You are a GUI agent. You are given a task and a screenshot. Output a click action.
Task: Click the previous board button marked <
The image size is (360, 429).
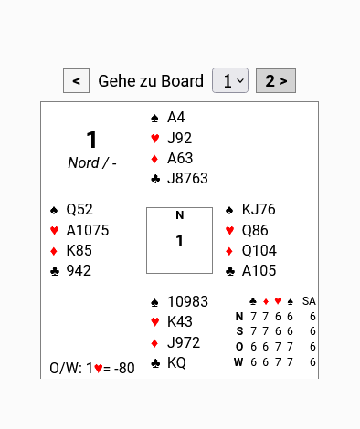pos(76,80)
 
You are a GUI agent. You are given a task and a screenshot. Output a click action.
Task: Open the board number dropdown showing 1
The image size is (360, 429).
pos(230,80)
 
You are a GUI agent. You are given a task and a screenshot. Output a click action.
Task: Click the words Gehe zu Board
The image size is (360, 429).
pos(151,81)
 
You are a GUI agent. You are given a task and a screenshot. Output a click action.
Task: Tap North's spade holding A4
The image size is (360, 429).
pos(176,118)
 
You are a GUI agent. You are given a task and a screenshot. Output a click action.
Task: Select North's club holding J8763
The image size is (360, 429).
pos(187,179)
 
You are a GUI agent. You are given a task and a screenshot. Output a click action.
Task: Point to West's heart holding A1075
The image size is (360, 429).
pos(88,230)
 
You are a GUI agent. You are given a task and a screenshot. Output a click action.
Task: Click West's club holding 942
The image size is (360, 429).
pos(79,271)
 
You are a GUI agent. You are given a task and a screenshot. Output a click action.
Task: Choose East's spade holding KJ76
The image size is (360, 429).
pos(259,210)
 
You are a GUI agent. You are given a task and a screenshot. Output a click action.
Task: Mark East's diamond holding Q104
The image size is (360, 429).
pos(259,251)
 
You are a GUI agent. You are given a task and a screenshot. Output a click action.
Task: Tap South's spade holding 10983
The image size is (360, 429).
pos(187,302)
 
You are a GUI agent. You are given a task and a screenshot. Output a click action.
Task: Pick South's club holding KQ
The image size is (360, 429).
pos(176,363)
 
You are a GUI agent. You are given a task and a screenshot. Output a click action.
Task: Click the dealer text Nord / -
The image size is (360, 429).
pos(92,163)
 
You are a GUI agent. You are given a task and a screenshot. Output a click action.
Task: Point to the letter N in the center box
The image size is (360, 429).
pos(180,215)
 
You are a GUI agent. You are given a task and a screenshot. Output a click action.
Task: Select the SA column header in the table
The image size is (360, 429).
pos(309,301)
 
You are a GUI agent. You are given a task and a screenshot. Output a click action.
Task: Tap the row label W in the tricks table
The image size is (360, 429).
pos(238,362)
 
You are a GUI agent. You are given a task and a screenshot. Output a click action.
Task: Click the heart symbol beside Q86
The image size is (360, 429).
pos(230,231)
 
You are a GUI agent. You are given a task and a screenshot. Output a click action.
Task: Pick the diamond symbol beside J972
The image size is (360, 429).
pos(154,343)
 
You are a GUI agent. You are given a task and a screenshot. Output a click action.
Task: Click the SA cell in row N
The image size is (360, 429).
pos(312,317)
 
